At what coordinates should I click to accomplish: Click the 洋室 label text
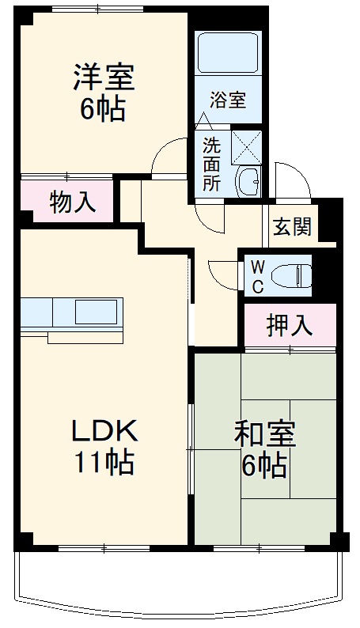click(104, 78)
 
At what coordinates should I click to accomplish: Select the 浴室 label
click(228, 100)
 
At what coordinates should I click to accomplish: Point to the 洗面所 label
click(211, 165)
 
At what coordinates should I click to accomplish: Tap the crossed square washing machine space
click(247, 148)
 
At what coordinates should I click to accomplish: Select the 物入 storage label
click(73, 202)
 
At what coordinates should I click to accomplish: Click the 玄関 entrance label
click(293, 227)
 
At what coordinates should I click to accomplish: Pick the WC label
click(257, 275)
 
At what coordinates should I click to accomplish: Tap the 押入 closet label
click(290, 324)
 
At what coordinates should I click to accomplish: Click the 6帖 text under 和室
click(264, 467)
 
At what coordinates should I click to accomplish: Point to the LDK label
click(105, 431)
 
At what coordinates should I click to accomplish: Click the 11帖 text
click(104, 460)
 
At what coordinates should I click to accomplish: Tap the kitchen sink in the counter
click(97, 311)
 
